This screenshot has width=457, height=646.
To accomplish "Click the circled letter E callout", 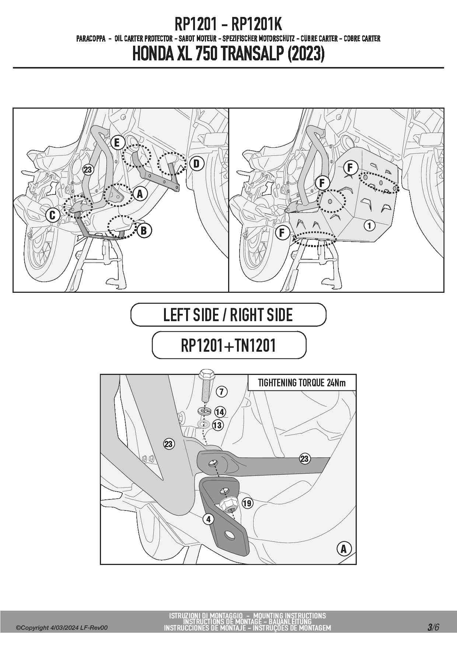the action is [117, 143].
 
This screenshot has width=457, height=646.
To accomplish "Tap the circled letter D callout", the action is [196, 164].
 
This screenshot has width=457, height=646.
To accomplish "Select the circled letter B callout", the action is [144, 231].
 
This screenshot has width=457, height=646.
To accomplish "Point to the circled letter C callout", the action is [52, 215].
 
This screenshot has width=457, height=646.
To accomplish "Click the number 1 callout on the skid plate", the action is [370, 225].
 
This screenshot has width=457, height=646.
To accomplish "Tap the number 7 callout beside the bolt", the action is [221, 392].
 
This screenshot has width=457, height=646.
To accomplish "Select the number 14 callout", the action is [220, 412].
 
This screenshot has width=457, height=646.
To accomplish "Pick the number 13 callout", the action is [218, 425].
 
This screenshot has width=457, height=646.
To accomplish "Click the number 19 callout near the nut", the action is [247, 503].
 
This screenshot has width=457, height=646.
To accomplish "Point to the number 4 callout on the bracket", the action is [209, 519].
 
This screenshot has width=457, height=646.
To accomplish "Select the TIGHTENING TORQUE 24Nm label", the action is [302, 383].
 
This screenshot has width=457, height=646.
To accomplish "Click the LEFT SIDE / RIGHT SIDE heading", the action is [228, 315].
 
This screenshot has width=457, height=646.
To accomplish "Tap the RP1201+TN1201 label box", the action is [229, 345].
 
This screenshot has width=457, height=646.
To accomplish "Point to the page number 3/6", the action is [433, 627].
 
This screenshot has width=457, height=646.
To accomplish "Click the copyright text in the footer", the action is [62, 628].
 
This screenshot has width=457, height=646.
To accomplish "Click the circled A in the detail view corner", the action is [344, 549].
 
